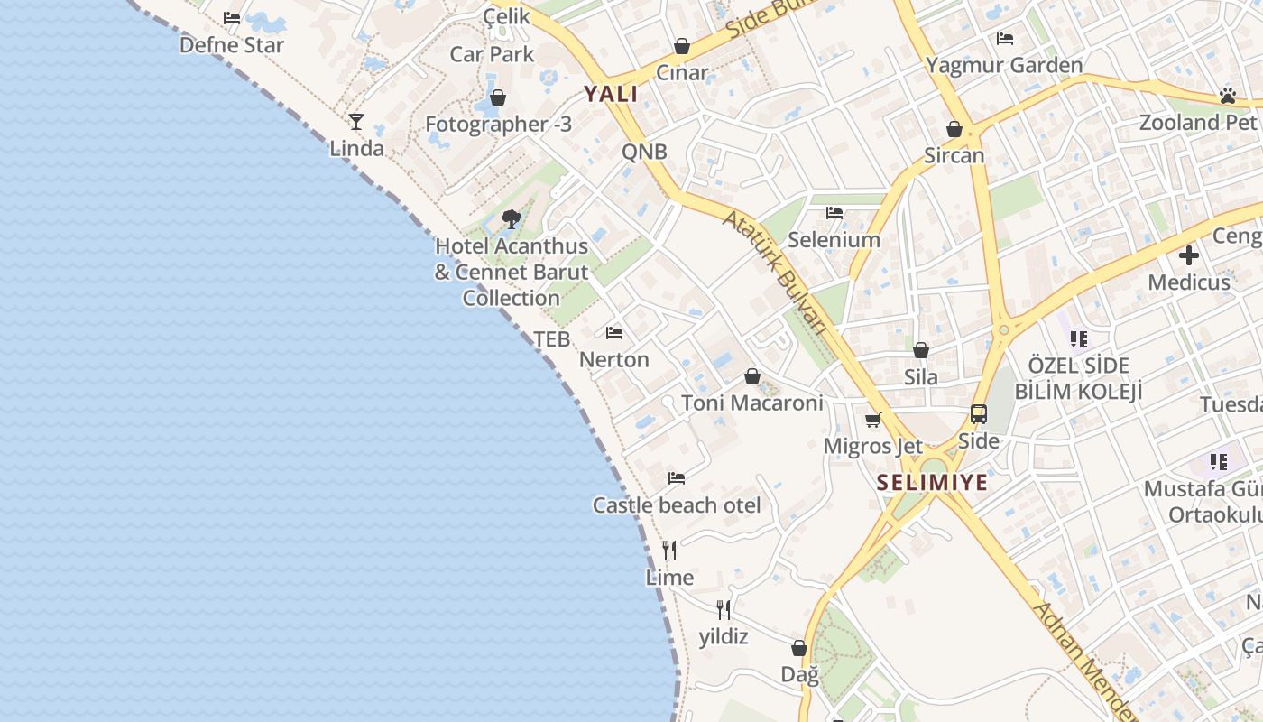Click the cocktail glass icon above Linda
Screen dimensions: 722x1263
click(356, 121)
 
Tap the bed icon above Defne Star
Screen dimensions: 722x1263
click(232, 18)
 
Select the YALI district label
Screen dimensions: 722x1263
click(611, 94)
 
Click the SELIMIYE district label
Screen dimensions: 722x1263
click(932, 483)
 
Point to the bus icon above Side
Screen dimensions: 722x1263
click(979, 414)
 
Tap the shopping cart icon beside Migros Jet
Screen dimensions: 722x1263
click(872, 420)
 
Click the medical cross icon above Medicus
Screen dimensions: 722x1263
click(1189, 255)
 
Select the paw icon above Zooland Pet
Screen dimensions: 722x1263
click(1227, 96)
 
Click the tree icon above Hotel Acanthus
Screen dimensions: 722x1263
click(512, 218)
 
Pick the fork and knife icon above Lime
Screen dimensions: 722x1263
click(669, 550)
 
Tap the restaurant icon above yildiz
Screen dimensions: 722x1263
click(724, 610)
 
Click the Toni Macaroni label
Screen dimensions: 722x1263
click(752, 403)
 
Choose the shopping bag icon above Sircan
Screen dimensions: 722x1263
click(954, 129)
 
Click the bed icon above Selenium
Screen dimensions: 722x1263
click(834, 213)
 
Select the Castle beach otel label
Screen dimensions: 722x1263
click(677, 505)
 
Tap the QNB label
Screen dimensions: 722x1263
click(644, 152)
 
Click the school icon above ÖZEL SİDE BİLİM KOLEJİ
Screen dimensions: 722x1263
click(1078, 339)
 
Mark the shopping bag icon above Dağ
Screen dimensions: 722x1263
click(798, 648)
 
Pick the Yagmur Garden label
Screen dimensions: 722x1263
click(1004, 65)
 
